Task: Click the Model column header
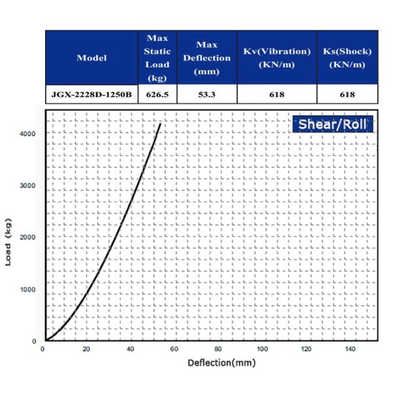click(92, 58)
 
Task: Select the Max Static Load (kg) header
click(157, 58)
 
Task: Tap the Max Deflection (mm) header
click(207, 58)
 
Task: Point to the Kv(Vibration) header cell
click(276, 58)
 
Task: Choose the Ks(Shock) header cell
click(347, 58)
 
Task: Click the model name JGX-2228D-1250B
click(92, 94)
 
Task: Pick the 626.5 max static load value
click(157, 94)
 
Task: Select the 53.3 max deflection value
click(207, 94)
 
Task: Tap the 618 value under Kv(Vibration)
click(276, 94)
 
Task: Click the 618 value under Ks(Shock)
click(347, 94)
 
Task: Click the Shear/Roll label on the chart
click(333, 124)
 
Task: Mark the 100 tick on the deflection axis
click(263, 349)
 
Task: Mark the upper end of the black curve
click(160, 123)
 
